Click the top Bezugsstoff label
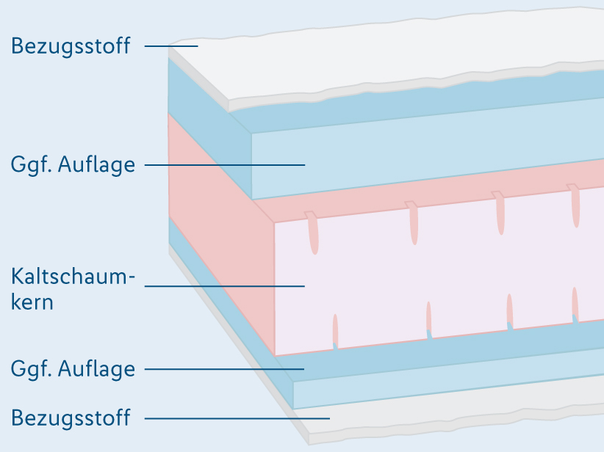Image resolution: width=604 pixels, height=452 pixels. coord(71,46)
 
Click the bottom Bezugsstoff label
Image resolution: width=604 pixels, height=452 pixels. coord(71,418)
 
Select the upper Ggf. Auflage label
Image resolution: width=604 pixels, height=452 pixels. coord(73,164)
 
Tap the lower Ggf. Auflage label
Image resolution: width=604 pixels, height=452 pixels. coord(73,368)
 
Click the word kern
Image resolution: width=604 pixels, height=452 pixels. coord(32,302)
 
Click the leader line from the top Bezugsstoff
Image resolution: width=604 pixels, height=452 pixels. coord(171,46)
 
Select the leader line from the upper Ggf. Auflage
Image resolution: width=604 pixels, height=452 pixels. coord(224,164)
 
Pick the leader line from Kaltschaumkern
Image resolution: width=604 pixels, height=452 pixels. coord(224,285)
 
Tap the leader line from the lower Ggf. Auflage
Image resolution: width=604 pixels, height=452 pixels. coord(224,368)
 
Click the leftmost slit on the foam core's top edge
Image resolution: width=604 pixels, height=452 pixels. coord(313,233)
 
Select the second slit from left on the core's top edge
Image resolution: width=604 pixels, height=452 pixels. coord(414,223)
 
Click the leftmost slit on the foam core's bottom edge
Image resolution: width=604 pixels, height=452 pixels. coord(335,330)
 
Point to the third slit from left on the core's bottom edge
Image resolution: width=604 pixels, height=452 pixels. coord(509,309)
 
